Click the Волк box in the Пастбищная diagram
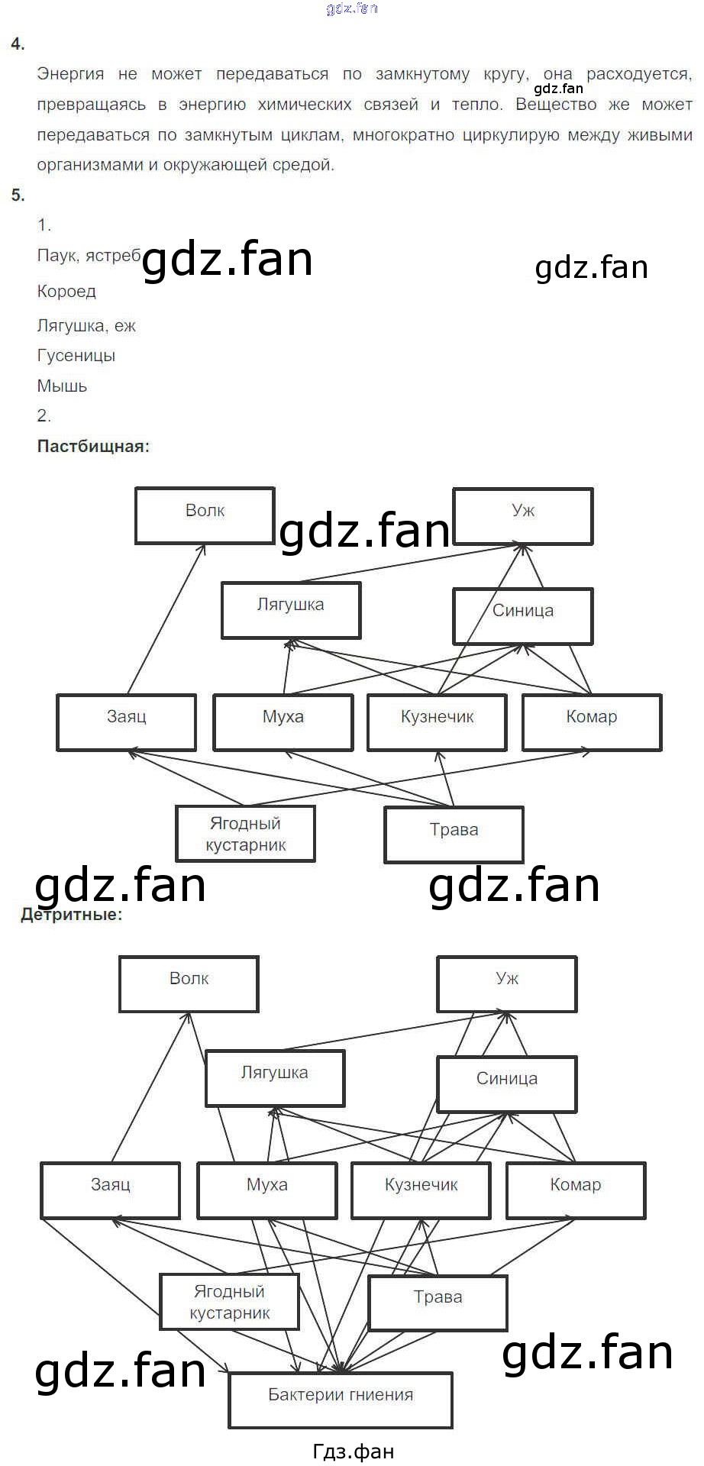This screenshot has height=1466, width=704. tap(205, 515)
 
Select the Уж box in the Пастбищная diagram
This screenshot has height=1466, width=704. tap(522, 516)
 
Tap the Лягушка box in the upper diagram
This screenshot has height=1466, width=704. tap(290, 610)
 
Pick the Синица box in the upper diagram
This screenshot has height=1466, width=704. tap(522, 615)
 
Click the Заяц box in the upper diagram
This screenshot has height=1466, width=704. tap(126, 722)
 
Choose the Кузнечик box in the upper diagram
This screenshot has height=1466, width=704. tap(437, 722)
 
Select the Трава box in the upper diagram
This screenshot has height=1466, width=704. tap(454, 835)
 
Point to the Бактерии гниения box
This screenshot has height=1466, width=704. tap(341, 1400)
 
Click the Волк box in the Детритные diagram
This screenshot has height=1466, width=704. tap(189, 983)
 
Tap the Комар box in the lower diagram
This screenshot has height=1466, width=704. tap(576, 1190)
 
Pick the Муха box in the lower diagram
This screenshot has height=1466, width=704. tap(266, 1190)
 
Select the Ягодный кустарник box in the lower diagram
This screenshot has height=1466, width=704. tap(229, 1302)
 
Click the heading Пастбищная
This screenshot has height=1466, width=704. tap(93, 447)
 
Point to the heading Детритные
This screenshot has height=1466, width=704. tap(72, 914)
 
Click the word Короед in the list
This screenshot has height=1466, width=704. tap(66, 291)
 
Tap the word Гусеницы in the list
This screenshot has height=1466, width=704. tap(76, 355)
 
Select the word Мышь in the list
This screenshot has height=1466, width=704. tap(62, 386)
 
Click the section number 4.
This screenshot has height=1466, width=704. tap(18, 44)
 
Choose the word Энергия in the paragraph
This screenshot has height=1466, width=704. tap(70, 74)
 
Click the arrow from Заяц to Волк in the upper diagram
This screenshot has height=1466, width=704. tap(166, 619)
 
